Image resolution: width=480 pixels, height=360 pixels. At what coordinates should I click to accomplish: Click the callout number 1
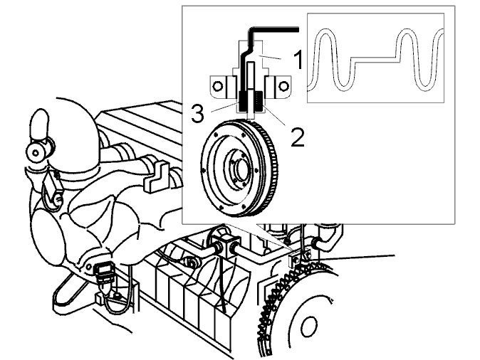[298, 60]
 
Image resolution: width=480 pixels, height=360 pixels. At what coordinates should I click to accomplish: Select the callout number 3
[197, 113]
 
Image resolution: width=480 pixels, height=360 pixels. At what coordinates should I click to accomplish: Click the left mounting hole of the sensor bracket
[217, 86]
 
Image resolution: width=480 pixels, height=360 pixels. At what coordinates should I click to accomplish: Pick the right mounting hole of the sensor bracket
[283, 86]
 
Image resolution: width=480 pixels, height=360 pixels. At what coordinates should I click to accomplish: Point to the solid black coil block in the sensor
[244, 102]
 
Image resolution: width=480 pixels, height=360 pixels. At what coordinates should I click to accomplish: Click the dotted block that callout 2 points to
[259, 102]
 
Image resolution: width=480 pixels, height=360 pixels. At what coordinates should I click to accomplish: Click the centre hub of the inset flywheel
[240, 169]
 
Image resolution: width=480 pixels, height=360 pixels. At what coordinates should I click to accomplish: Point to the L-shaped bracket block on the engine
[155, 177]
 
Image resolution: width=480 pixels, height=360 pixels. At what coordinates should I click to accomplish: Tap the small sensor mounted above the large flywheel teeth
[298, 256]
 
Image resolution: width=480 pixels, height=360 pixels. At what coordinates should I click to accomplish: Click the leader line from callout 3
[226, 107]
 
